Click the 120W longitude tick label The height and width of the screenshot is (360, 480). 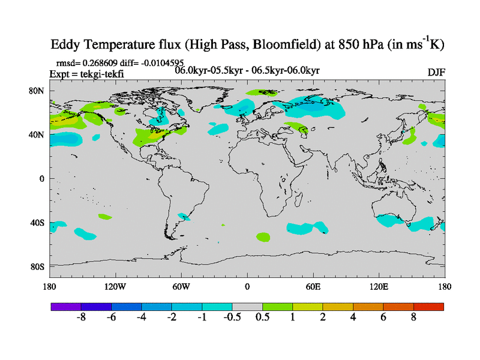click(115, 286)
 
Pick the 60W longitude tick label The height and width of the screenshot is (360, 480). click(181, 286)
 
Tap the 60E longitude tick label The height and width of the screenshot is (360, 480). click(313, 286)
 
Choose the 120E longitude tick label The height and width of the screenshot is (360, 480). click(379, 286)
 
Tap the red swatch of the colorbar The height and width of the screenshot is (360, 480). click(428, 307)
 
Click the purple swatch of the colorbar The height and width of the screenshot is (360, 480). click(65, 307)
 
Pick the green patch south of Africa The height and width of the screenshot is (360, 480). click(263, 236)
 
